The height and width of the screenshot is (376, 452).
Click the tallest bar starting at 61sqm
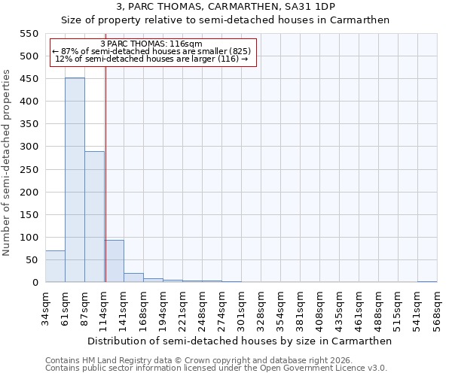pos(75,180)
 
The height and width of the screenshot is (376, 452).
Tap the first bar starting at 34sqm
pos(55,266)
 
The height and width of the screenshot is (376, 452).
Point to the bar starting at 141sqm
pos(133,277)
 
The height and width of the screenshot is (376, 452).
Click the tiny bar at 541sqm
pos(427,281)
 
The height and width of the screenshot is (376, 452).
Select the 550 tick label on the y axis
pos(29,34)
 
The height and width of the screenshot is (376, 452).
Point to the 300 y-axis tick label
pos(29,147)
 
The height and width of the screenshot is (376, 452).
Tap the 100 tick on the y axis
pos(29,238)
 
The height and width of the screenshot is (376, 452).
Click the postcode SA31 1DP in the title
pos(311,6)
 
